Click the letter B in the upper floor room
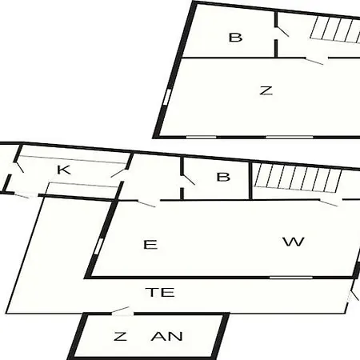pyautogui.click(x=236, y=38)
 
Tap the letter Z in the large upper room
pyautogui.click(x=266, y=90)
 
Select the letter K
pyautogui.click(x=64, y=170)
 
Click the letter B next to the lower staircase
pyautogui.click(x=223, y=177)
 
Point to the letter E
pyautogui.click(x=150, y=245)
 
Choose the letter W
pyautogui.click(x=294, y=242)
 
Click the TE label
pyautogui.click(x=160, y=292)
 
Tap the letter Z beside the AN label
pyautogui.click(x=120, y=336)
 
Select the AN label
pyautogui.click(x=167, y=336)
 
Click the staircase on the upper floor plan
pyautogui.click(x=335, y=29)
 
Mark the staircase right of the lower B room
pyautogui.click(x=298, y=178)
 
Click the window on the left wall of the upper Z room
pyautogui.click(x=167, y=97)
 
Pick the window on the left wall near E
pyautogui.click(x=99, y=246)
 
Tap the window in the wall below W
pyautogui.click(x=291, y=278)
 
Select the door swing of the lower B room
pyautogui.click(x=188, y=179)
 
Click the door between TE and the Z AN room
pyautogui.click(x=121, y=310)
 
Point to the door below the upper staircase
pyautogui.click(x=314, y=61)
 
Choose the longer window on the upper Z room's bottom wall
pyautogui.click(x=290, y=137)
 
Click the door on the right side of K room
pyautogui.click(x=118, y=173)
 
